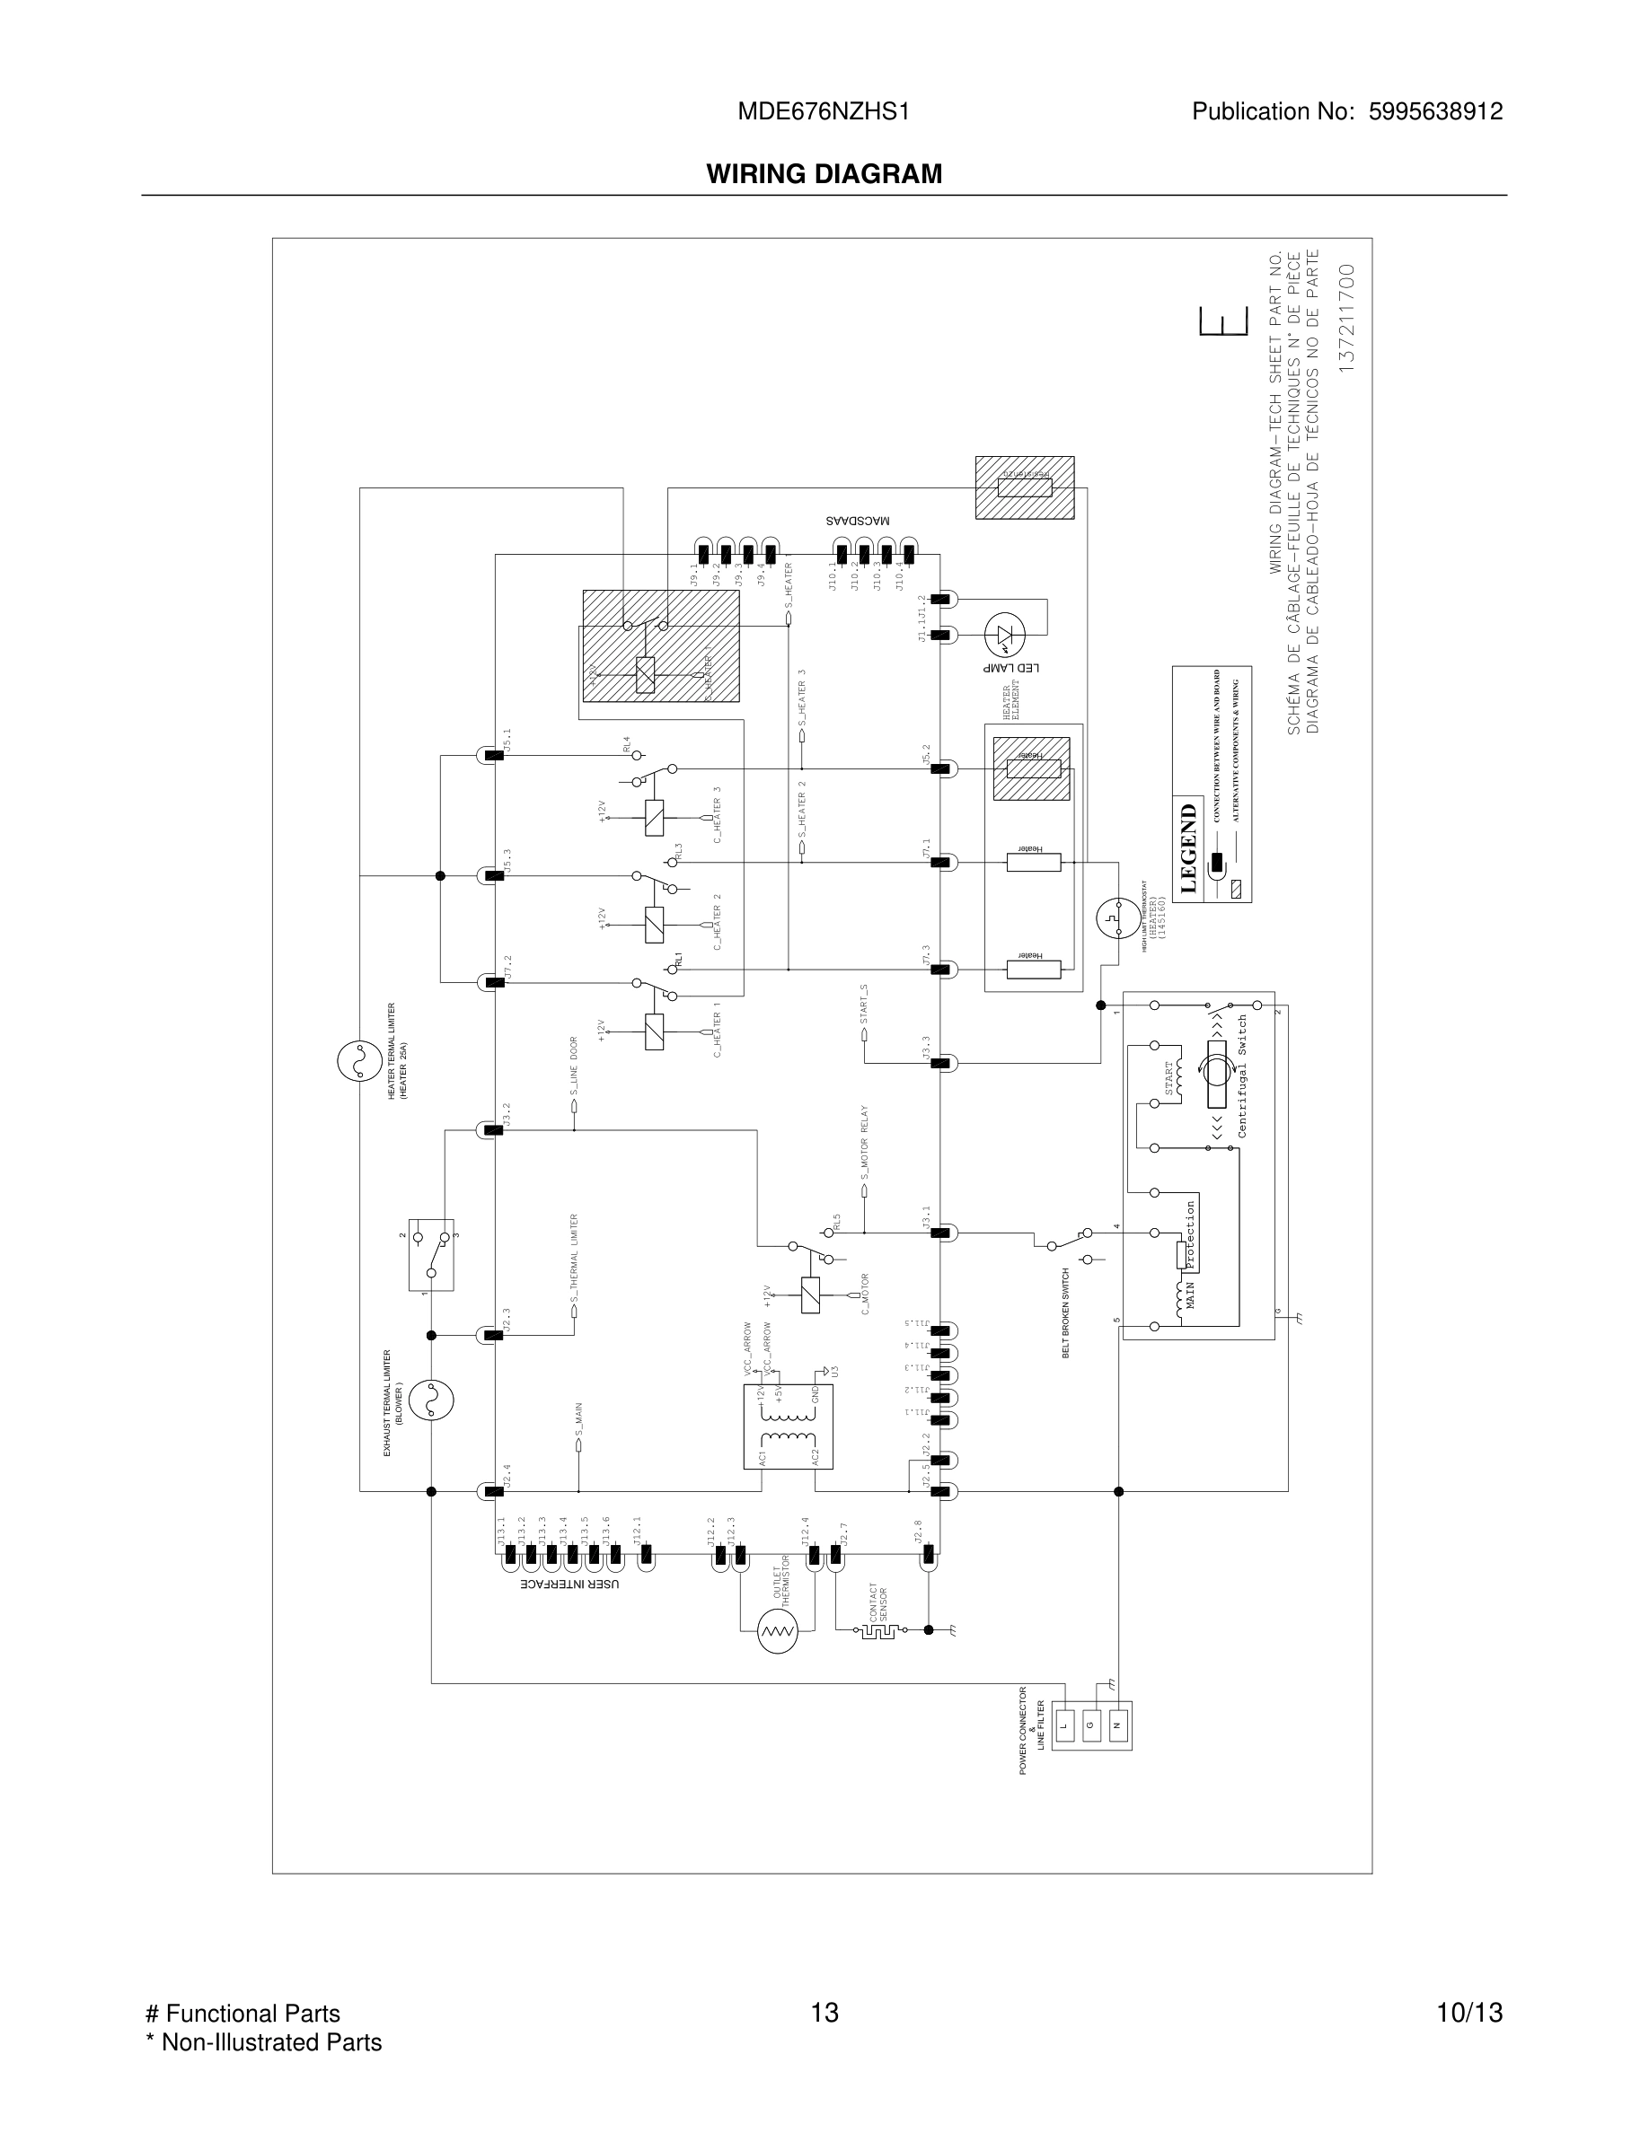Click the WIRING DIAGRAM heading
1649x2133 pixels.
pos(824,174)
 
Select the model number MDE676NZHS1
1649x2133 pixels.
pos(824,112)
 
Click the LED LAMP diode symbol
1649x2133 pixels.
pos(1003,635)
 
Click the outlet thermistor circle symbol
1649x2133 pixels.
pos(778,1630)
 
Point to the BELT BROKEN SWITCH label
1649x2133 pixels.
pos(1066,1312)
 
